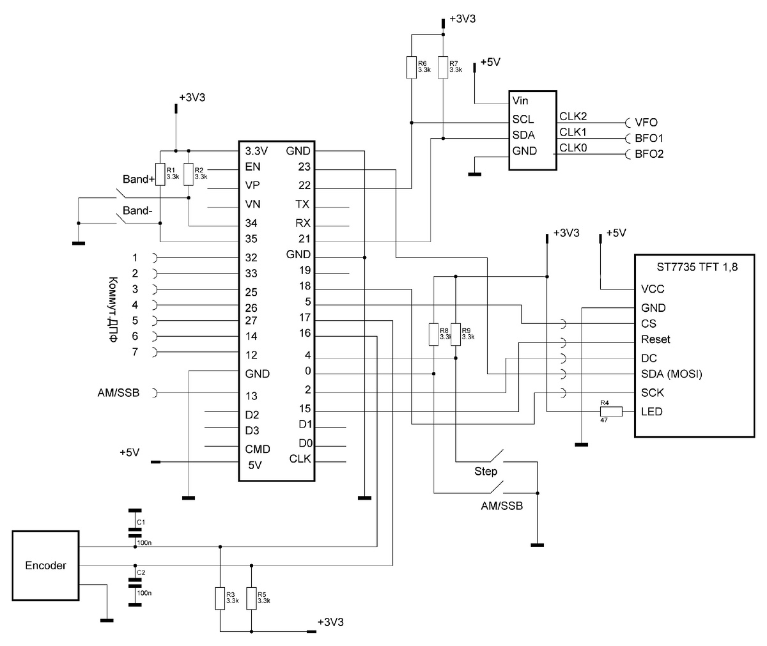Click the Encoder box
click(x=45, y=565)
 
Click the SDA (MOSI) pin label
click(x=671, y=374)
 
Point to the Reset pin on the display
click(x=656, y=339)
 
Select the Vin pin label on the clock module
click(x=520, y=101)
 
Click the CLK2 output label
click(x=573, y=116)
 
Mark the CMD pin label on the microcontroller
click(x=257, y=449)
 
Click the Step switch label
click(x=486, y=472)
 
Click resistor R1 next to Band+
click(x=160, y=174)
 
